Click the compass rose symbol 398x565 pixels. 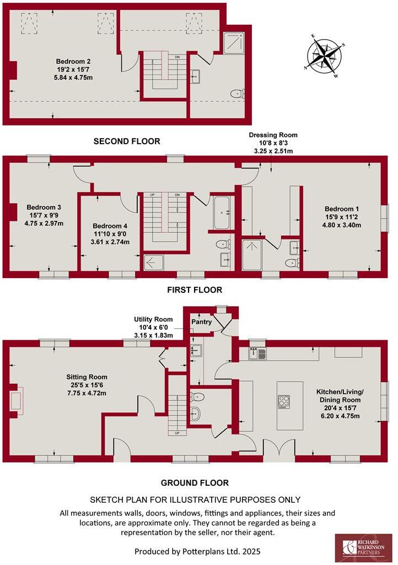(x=325, y=57)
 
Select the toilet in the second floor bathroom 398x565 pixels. (x=235, y=94)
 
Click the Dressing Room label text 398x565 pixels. (x=273, y=135)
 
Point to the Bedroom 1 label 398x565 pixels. (x=341, y=209)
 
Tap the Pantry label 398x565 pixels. (x=201, y=322)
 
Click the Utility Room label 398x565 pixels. (x=153, y=319)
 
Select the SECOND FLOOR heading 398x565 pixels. (x=127, y=142)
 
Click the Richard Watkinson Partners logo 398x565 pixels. (x=363, y=548)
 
